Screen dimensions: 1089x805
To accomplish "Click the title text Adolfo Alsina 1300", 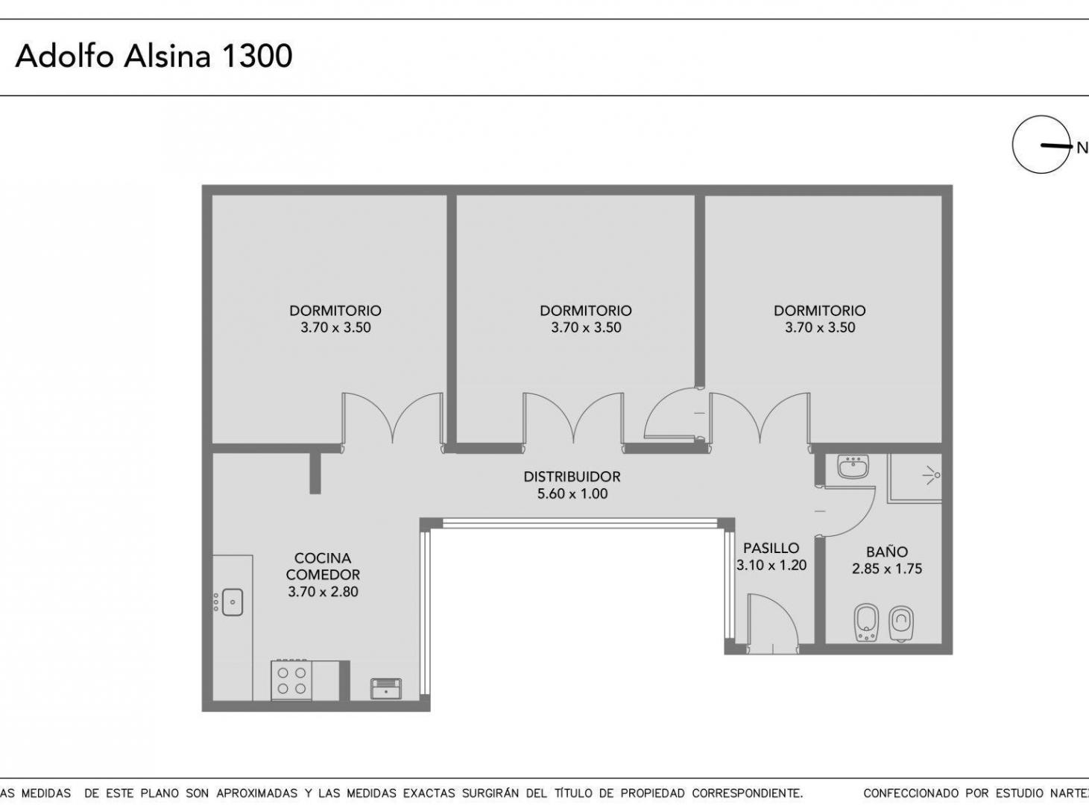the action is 154,57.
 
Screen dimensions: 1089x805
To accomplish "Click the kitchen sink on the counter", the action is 233,602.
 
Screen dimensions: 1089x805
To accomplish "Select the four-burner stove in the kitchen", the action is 291,680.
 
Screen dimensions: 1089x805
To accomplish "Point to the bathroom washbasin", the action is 853,466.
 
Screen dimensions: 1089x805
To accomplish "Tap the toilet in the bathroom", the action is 901,624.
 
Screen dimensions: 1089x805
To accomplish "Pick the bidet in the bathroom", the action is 867,623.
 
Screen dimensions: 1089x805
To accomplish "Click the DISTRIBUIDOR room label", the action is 572,476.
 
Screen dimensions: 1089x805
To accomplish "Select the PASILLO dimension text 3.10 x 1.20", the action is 771,565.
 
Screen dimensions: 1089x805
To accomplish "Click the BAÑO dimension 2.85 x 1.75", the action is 887,569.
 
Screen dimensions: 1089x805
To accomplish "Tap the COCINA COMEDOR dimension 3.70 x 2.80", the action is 323,592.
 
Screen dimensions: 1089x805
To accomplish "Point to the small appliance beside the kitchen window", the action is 386,689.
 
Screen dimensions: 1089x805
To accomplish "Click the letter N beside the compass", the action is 1082,148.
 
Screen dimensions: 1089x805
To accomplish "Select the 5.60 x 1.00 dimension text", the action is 572,493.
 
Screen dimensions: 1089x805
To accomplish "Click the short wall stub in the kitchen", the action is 315,473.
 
